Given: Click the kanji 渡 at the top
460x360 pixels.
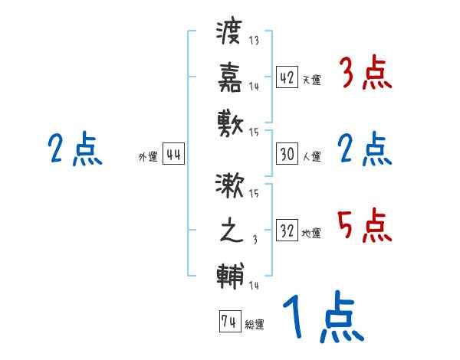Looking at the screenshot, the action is click(x=229, y=33).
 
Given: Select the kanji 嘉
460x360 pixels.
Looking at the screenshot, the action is click(x=229, y=77).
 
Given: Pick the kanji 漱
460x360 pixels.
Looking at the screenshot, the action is click(x=229, y=187).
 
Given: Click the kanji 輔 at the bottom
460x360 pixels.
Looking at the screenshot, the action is click(x=229, y=273).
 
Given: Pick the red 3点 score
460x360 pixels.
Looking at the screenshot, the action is click(x=365, y=74).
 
